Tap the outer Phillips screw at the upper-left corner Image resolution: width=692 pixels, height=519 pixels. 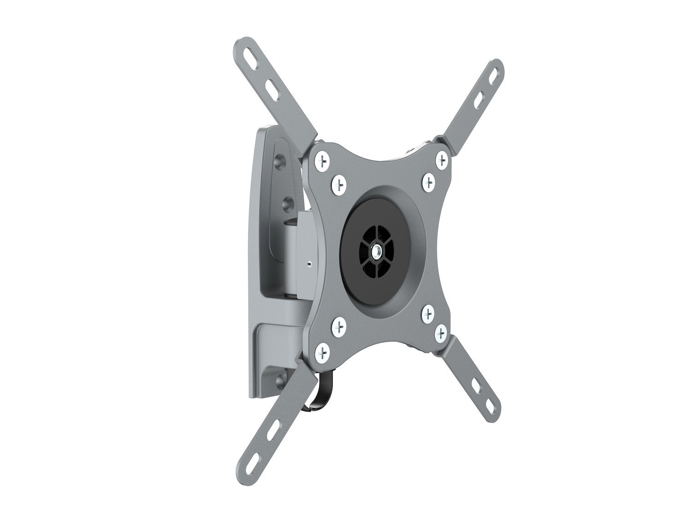[322, 161]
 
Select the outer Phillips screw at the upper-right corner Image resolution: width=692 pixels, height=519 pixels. [442, 160]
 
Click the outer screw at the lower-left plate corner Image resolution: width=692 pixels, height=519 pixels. [322, 353]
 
